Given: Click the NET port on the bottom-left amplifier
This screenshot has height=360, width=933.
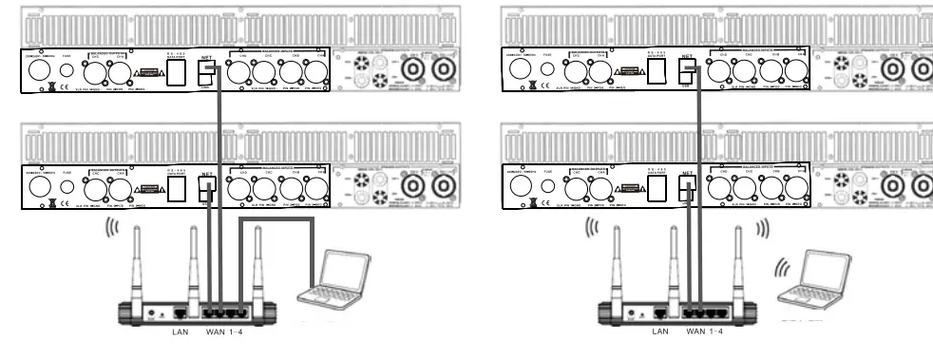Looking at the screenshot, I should (206, 190).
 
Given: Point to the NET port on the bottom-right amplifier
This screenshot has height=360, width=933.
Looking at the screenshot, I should (690, 190).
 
